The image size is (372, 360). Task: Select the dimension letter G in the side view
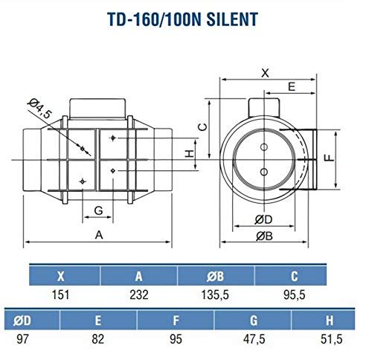pos(98,210)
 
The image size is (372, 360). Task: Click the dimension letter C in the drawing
pos(201,126)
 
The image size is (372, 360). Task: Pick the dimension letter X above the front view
pos(264,74)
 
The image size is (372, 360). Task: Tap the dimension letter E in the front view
pos(291,87)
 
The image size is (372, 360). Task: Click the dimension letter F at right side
pos(347,158)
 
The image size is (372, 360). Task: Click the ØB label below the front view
pos(264,237)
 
